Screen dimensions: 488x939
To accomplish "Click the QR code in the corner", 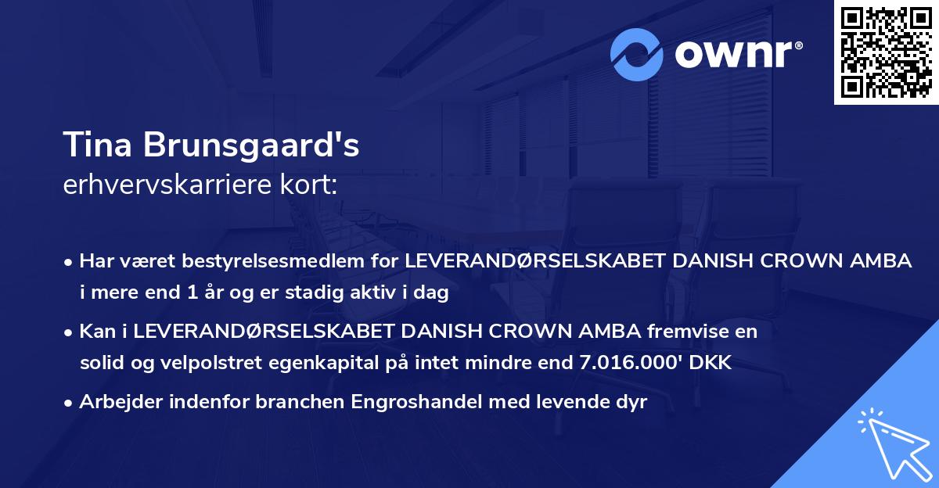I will pos(886,52).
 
